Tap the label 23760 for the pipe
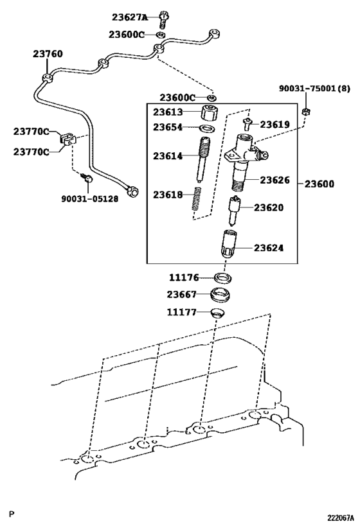pos(48,54)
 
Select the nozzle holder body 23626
pos(243,164)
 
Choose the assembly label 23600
pos(319,184)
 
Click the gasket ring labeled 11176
pos(223,278)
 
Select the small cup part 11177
pos(219,313)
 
